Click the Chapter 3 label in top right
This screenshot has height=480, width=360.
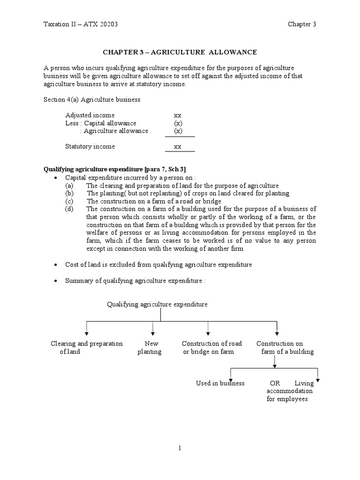pos(302,24)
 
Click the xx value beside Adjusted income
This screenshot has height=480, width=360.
pos(178,115)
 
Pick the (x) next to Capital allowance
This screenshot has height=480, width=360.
pos(178,123)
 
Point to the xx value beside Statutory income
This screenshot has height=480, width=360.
pos(178,147)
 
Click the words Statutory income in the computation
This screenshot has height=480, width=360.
pos(90,147)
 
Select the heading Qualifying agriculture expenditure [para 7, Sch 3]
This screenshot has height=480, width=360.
pos(118,169)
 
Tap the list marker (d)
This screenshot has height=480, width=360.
pos(69,209)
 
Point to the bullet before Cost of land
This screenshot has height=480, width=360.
pos(56,265)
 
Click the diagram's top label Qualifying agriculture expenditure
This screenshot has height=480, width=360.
pos(157,305)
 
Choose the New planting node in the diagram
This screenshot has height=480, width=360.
pos(150,347)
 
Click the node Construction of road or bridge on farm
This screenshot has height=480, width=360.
pos(211,347)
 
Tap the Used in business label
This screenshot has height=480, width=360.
pos(220,383)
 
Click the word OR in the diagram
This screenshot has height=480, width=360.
pos(275,383)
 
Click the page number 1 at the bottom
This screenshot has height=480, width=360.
pos(179,448)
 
